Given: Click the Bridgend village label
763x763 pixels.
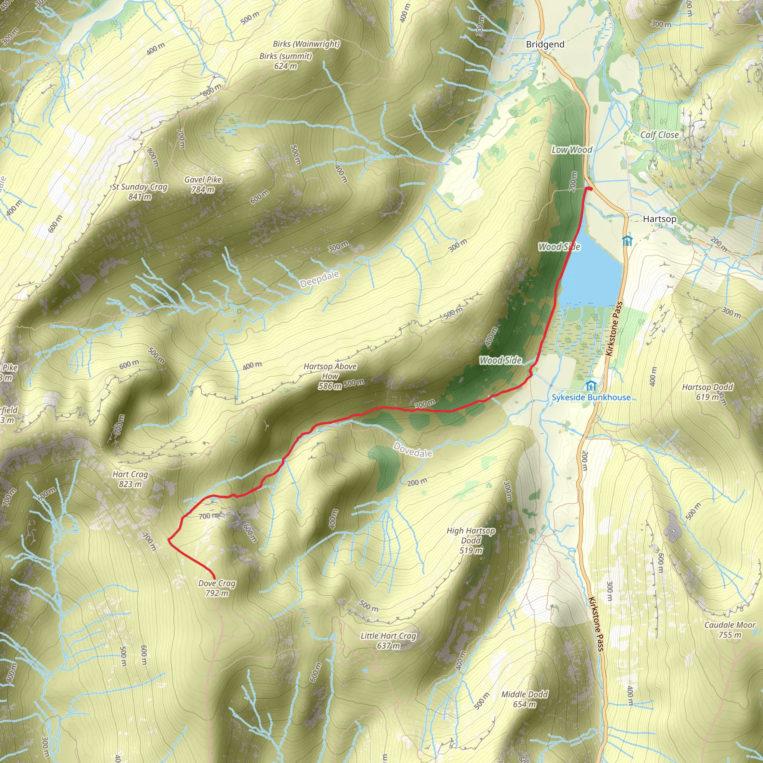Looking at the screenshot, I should click(545, 44).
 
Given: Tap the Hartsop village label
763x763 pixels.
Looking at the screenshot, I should click(659, 219).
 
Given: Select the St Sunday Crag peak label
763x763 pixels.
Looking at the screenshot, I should click(140, 191).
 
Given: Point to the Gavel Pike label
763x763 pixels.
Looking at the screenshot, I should click(203, 184).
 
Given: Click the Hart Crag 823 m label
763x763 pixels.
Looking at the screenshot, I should click(130, 479).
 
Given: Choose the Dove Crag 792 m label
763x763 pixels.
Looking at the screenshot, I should click(217, 588).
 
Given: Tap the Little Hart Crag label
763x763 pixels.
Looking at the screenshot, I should click(388, 640).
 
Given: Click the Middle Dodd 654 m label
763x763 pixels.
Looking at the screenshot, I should click(525, 699).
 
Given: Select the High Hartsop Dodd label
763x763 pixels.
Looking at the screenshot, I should click(471, 540).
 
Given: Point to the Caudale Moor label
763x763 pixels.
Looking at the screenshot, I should click(730, 630).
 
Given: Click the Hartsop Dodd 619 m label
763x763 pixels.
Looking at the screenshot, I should click(707, 392).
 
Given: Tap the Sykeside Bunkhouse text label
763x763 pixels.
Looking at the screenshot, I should click(591, 397).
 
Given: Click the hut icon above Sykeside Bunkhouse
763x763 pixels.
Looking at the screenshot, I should click(591, 386).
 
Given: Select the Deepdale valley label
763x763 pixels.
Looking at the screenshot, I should click(320, 279).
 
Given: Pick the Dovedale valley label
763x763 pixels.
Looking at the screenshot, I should click(413, 450).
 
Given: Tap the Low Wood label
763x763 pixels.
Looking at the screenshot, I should click(572, 150).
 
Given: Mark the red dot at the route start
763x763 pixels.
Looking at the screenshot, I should click(590, 189).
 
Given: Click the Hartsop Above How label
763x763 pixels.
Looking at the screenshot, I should click(330, 376).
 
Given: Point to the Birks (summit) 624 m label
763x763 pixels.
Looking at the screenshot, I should click(285, 61).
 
